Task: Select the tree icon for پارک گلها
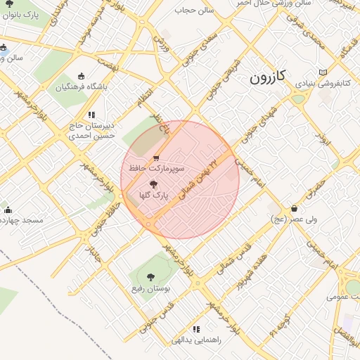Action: coord(154,184)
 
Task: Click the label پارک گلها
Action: coord(155,196)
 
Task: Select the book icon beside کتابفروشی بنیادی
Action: coord(323,72)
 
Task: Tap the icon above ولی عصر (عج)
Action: coord(294,208)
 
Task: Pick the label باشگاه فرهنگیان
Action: coord(84,87)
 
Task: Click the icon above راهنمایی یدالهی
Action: coord(196,329)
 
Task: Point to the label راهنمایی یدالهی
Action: coord(197,340)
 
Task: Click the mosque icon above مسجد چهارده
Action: coord(8,210)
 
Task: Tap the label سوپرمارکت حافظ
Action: coord(156,169)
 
